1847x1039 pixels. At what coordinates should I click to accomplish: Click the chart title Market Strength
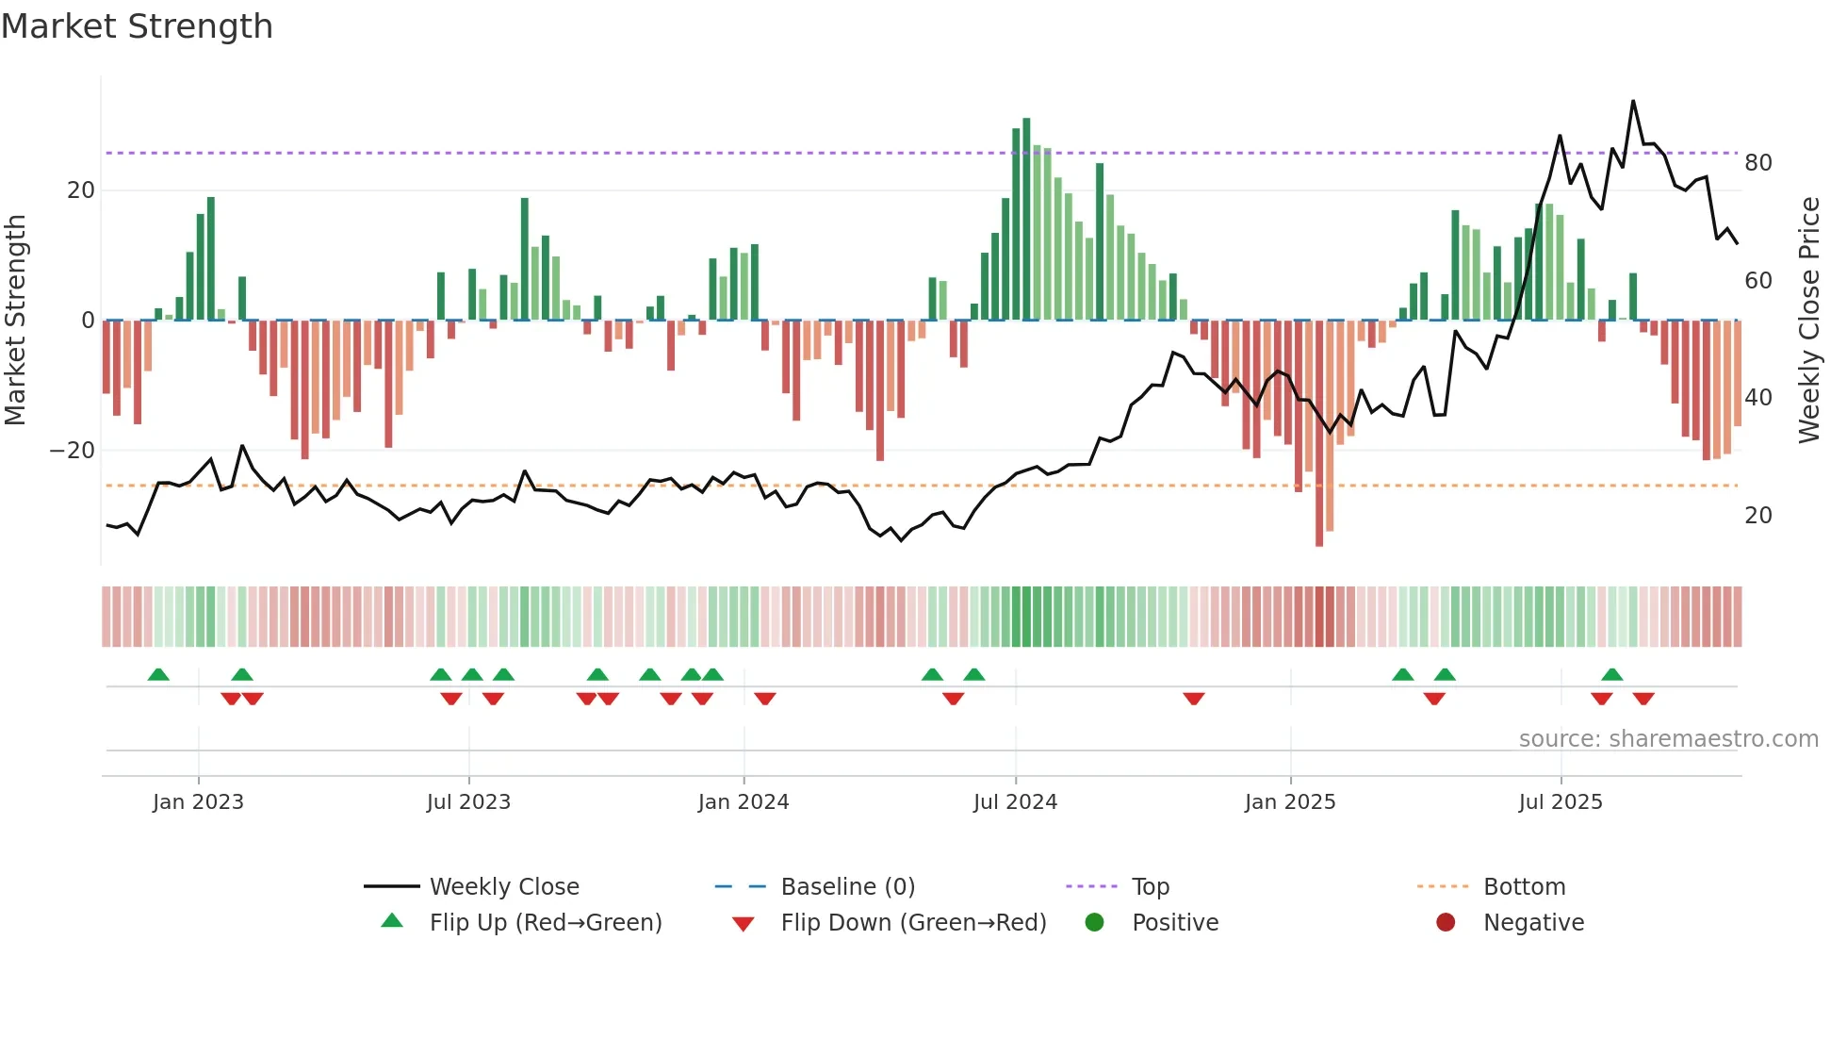(138, 26)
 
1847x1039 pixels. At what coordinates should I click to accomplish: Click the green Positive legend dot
(1094, 922)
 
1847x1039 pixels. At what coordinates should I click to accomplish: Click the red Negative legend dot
(1446, 922)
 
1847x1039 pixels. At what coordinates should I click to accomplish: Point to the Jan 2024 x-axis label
(743, 801)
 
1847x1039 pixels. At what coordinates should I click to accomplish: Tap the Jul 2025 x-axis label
(1560, 801)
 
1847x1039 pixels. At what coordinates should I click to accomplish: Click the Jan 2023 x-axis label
(198, 801)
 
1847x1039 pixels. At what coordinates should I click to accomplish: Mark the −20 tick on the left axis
(73, 451)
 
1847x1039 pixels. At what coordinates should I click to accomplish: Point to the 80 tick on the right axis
(1757, 163)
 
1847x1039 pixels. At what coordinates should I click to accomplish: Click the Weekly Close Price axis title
(1808, 321)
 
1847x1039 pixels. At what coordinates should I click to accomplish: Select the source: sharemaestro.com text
(1668, 738)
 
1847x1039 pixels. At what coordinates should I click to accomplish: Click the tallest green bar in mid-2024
(1026, 217)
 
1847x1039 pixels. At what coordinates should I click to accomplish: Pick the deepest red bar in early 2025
(1318, 434)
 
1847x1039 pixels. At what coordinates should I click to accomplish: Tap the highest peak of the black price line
(1633, 102)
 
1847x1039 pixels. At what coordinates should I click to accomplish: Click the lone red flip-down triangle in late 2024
(1194, 699)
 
